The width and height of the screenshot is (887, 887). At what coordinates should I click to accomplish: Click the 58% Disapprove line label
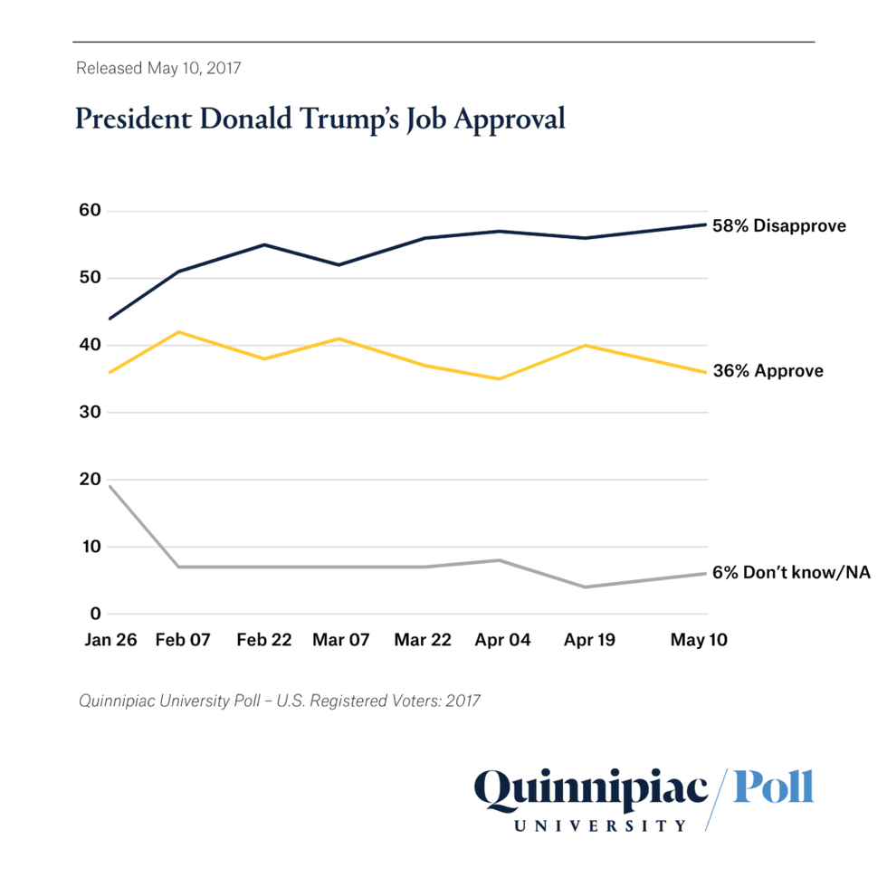tap(779, 225)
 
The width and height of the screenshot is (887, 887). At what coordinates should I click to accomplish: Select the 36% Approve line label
tap(767, 371)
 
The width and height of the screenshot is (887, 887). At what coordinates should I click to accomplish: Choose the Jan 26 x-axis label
tap(110, 640)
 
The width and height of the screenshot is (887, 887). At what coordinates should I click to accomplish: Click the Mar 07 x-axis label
tap(341, 640)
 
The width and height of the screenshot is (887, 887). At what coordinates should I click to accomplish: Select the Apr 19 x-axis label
tap(591, 640)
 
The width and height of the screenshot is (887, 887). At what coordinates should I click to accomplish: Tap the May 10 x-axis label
tap(699, 640)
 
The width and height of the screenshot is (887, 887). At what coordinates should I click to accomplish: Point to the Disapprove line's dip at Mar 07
tap(339, 264)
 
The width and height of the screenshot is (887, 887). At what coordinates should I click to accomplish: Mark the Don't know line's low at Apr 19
tap(587, 587)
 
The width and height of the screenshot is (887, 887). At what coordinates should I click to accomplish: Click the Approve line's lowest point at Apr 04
tap(499, 378)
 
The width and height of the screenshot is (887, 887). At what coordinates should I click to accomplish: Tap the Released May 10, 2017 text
tap(158, 68)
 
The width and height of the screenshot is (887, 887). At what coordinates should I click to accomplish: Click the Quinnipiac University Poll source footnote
tap(279, 700)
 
